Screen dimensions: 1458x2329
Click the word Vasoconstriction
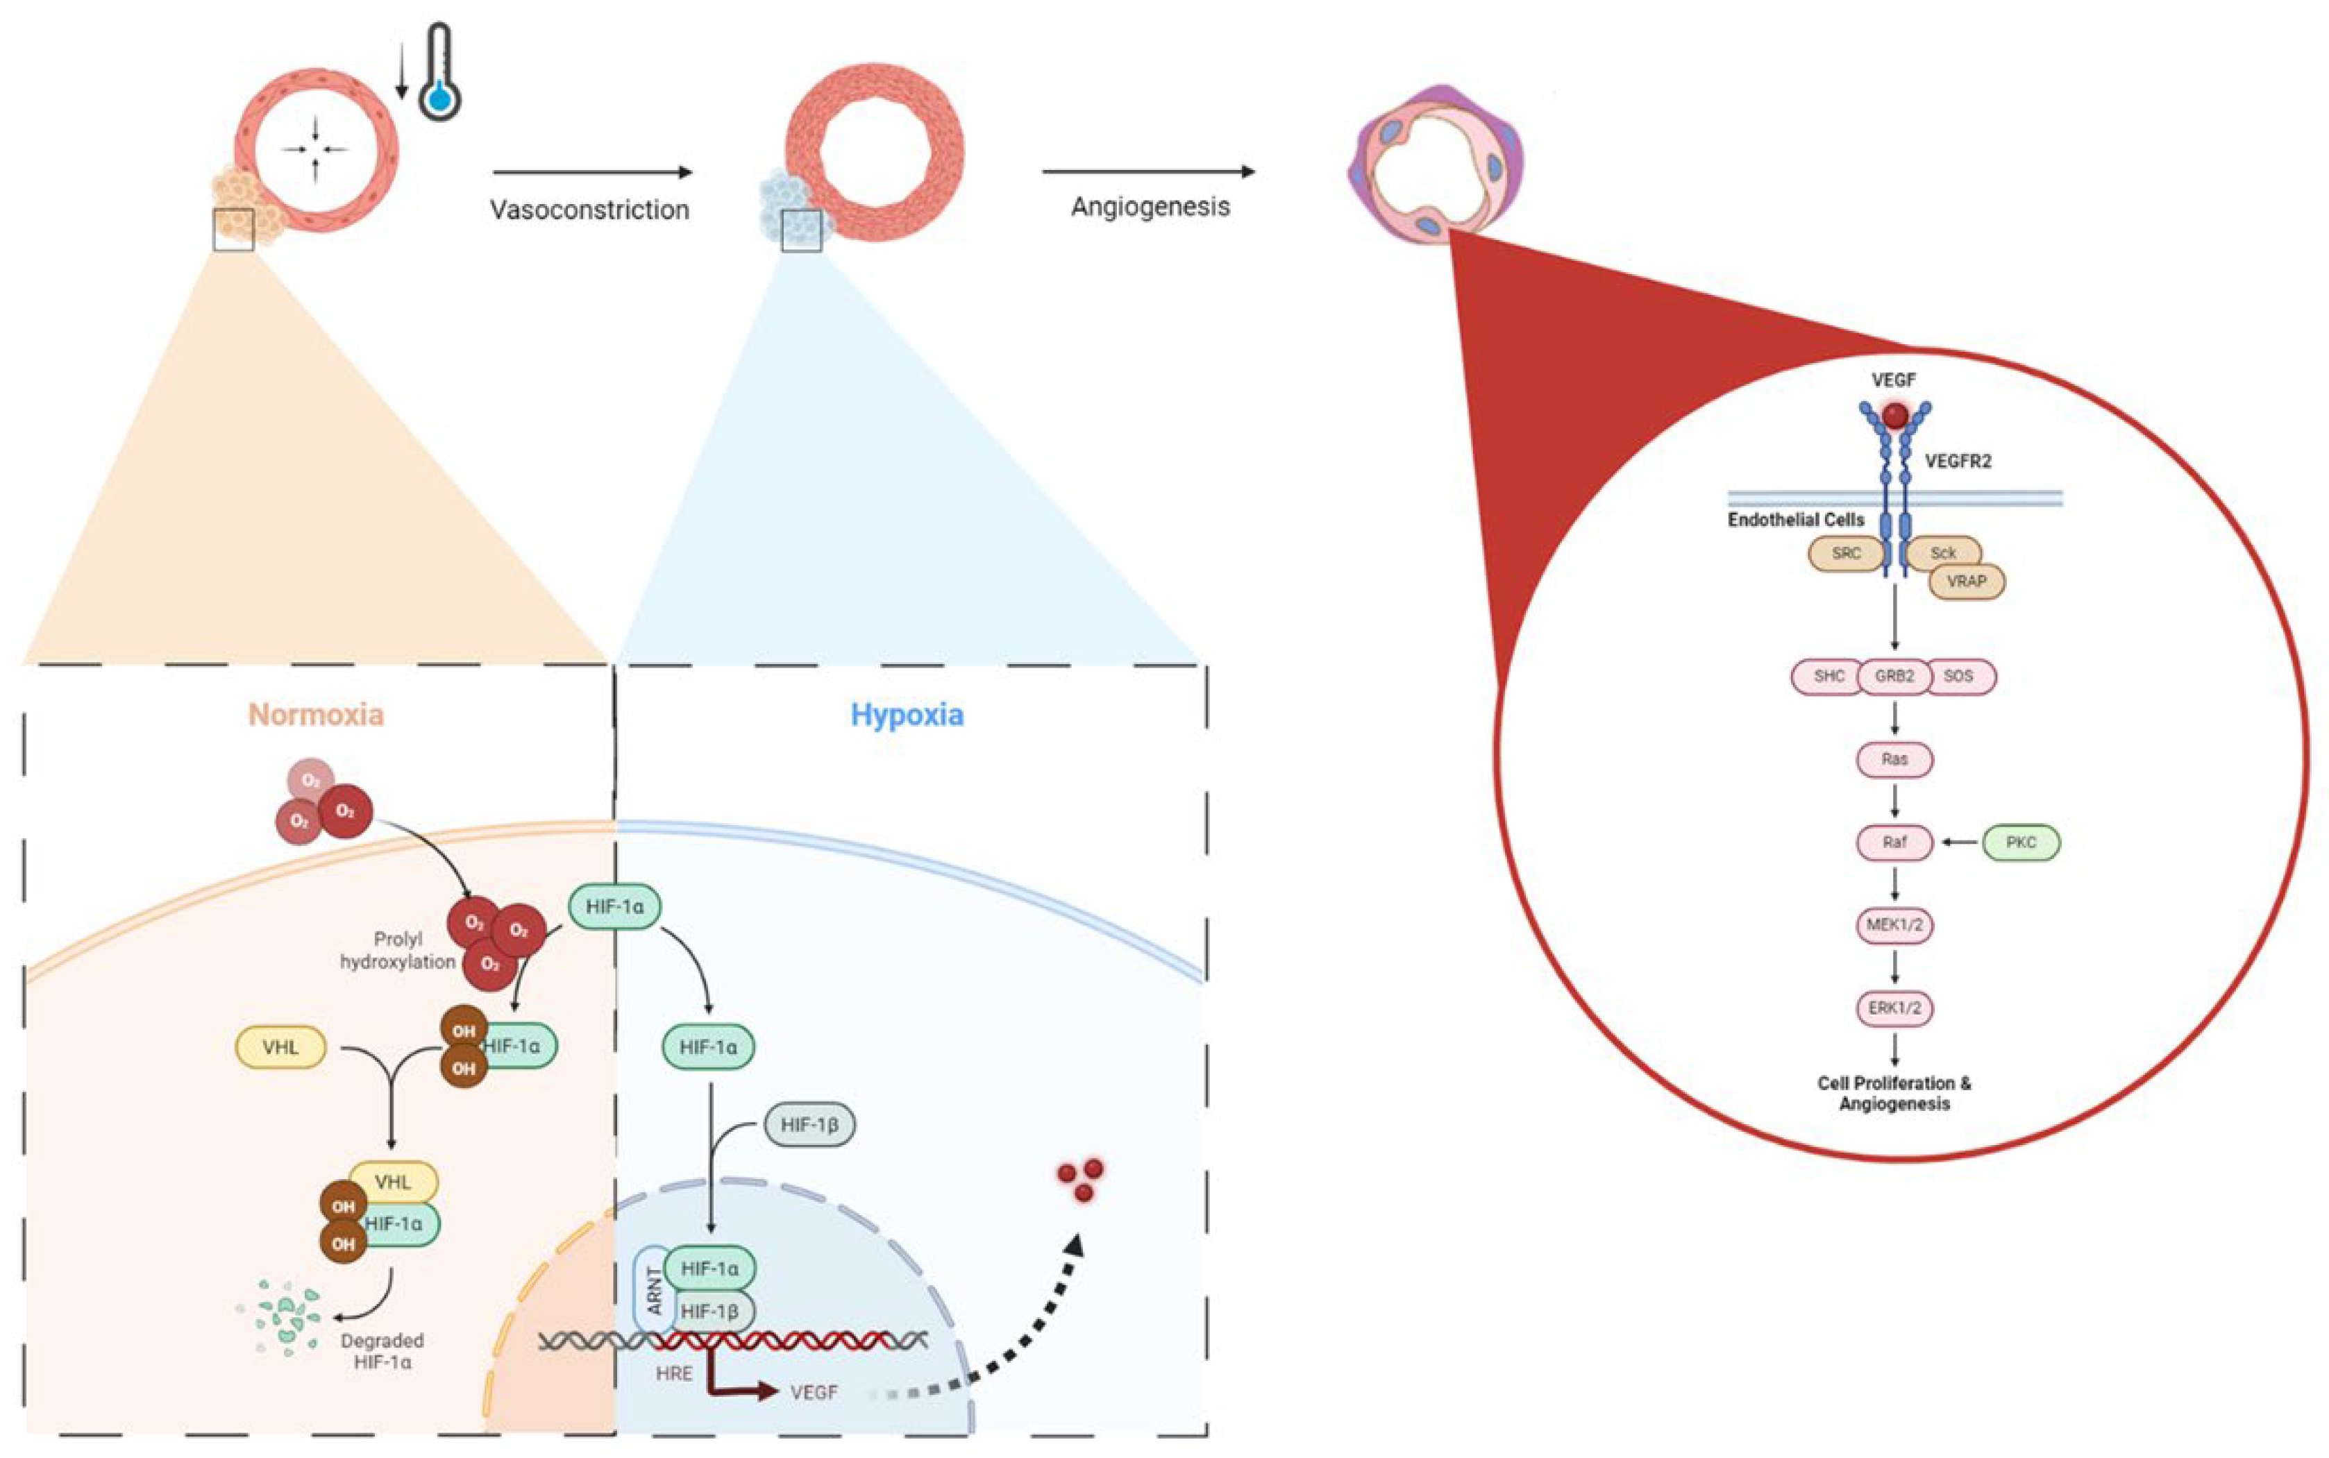pos(589,210)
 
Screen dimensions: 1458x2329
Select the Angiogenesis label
pos(1150,206)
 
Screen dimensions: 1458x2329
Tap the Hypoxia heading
pos(907,715)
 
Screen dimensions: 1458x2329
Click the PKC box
pos(2020,842)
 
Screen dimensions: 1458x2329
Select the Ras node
pos(1894,759)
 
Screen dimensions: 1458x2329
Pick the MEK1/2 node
pos(1894,925)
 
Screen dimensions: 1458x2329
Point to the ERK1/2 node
pos(1894,1008)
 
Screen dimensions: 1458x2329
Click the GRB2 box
pos(1894,676)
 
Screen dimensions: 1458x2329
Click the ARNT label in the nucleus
pos(655,1290)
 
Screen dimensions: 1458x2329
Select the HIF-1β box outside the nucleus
pos(809,1124)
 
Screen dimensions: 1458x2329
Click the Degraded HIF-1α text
pos(382,1351)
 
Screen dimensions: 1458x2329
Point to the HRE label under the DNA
pos(673,1373)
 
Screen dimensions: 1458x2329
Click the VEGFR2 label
pos(1957,461)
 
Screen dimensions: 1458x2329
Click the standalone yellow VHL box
pos(280,1046)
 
